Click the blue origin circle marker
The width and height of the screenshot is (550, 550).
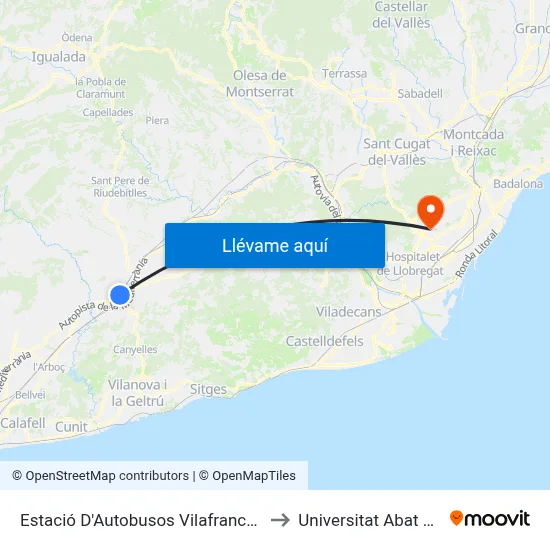click(120, 294)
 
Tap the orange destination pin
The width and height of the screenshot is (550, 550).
click(431, 210)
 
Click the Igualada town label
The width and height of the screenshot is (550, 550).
click(58, 57)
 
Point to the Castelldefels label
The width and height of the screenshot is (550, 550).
click(325, 342)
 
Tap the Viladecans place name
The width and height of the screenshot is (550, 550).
click(348, 312)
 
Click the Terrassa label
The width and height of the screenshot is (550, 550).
click(345, 74)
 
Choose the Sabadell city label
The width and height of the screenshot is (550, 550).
click(420, 93)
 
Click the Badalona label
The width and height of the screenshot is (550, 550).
click(518, 184)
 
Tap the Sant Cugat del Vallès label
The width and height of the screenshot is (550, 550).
click(397, 151)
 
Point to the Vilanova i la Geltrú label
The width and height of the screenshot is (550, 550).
click(137, 392)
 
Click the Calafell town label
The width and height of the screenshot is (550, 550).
click(23, 423)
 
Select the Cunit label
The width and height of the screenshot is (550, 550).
click(72, 427)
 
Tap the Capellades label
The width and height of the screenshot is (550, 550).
click(108, 113)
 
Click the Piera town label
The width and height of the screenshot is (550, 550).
click(157, 121)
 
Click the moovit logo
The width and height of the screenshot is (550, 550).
click(490, 518)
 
